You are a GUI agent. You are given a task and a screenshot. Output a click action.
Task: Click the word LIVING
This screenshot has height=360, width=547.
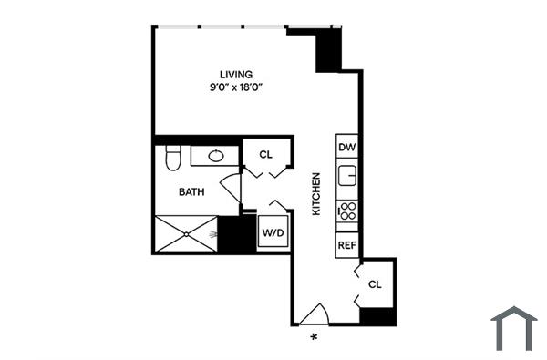[x=236, y=74]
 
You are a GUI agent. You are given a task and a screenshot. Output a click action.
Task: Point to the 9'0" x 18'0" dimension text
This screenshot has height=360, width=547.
[x=236, y=88]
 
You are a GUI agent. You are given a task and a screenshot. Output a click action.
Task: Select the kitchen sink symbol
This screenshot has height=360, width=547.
[x=347, y=174]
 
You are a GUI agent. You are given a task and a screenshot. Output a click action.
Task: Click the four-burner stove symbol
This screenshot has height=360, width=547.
[x=347, y=213]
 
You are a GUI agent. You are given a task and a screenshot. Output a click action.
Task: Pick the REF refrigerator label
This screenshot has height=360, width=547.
[x=346, y=245]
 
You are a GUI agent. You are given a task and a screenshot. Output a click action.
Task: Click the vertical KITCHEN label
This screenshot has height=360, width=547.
[x=317, y=194]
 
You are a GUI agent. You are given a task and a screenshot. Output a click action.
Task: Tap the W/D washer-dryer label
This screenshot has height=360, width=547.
[x=273, y=233]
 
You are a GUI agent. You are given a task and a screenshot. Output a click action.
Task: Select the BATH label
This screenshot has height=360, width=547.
[x=191, y=191]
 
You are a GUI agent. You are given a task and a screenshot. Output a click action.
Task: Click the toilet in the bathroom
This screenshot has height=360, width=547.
[x=171, y=159]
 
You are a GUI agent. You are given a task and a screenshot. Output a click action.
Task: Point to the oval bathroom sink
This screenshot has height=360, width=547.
[x=216, y=156]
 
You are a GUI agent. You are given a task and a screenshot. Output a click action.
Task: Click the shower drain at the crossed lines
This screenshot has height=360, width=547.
[x=187, y=234]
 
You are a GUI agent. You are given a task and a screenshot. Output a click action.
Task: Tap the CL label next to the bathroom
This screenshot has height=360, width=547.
[x=265, y=154]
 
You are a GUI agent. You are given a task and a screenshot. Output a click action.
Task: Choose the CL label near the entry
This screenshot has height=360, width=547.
[x=375, y=284]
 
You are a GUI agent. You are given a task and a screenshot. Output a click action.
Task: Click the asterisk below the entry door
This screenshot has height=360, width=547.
[x=315, y=338]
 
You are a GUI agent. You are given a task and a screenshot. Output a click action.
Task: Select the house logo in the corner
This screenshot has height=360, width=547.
[x=514, y=328]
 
